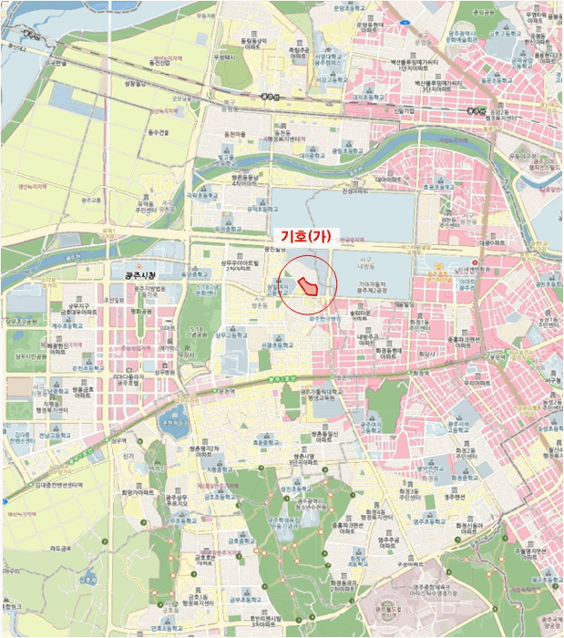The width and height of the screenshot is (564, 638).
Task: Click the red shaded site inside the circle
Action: click(x=310, y=287)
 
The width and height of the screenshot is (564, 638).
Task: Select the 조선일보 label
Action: click(x=113, y=301)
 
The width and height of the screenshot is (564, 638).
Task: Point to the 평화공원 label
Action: click(x=141, y=311)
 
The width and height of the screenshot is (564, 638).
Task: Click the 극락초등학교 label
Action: click(x=204, y=195)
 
